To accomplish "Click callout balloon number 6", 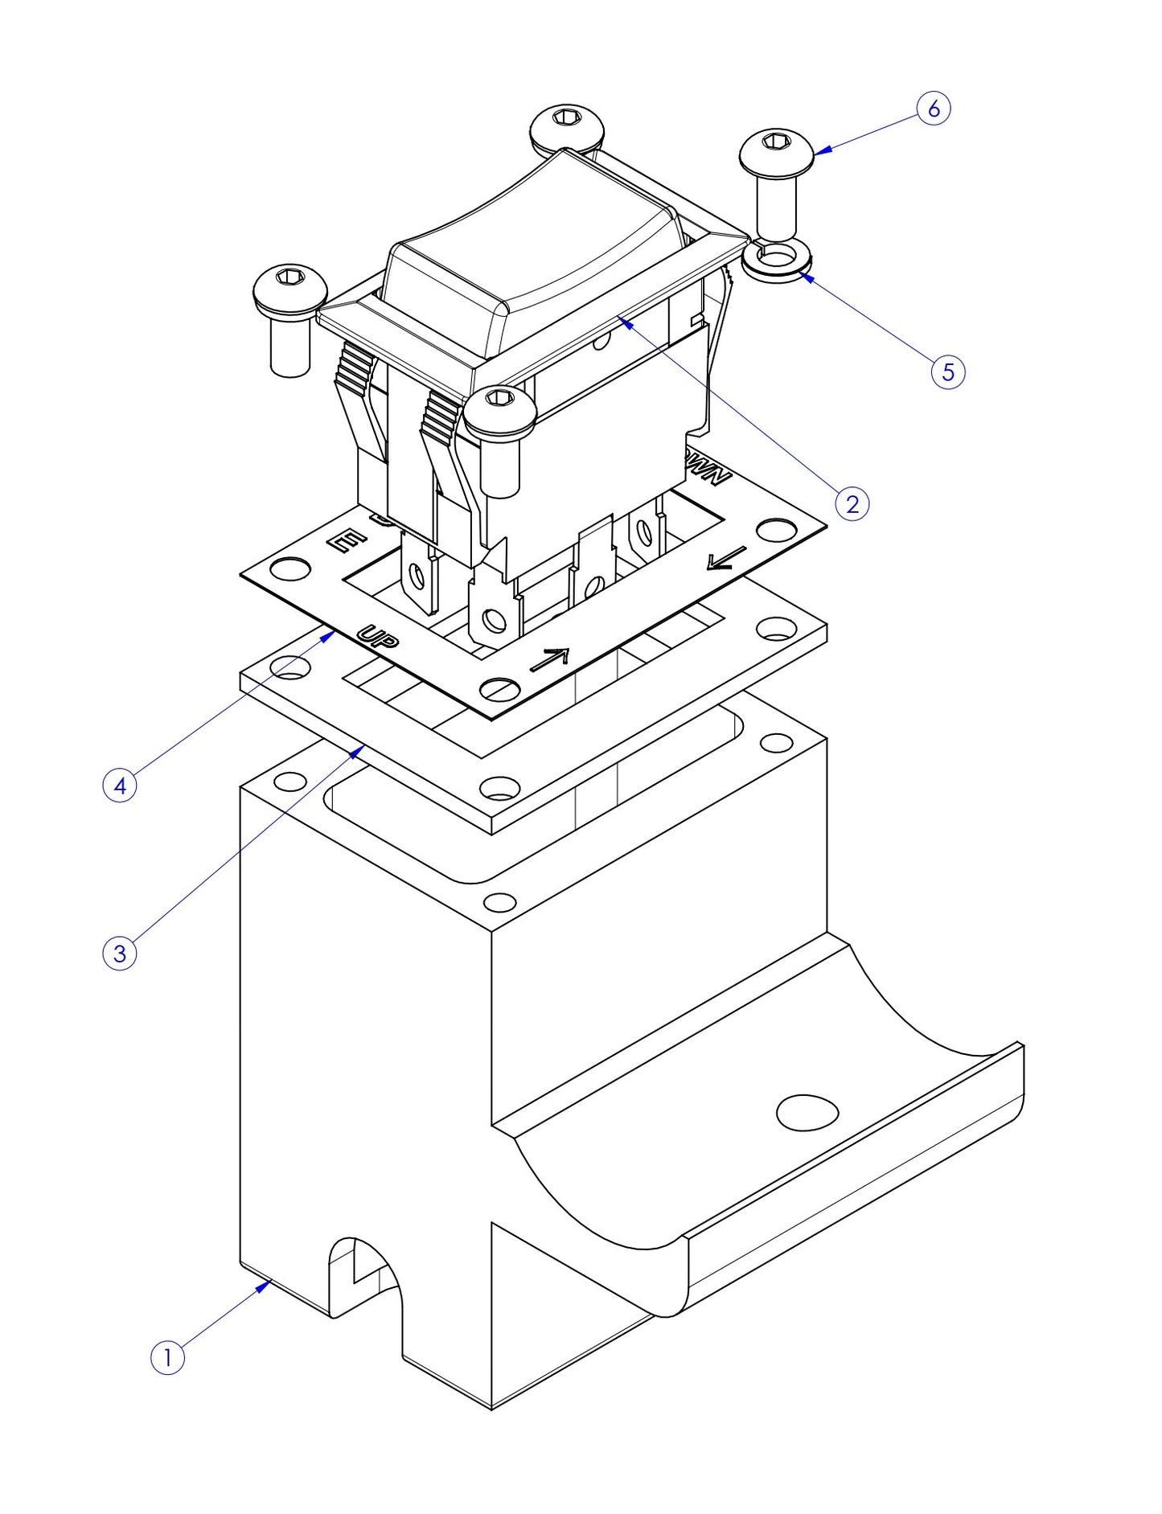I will coord(933,109).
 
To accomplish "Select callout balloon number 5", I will coord(947,372).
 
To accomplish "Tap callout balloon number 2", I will coord(852,504).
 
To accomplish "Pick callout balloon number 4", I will coord(120,785).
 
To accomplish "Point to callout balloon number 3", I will coord(120,954).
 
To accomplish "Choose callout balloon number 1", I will coord(167,1357).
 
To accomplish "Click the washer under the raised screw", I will coord(777,260).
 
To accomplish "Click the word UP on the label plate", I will coord(377,637).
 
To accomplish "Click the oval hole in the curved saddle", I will coord(807,1112).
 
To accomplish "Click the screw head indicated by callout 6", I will coord(777,149).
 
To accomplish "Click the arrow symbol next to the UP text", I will coord(549,659).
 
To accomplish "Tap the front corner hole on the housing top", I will coord(499,902).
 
